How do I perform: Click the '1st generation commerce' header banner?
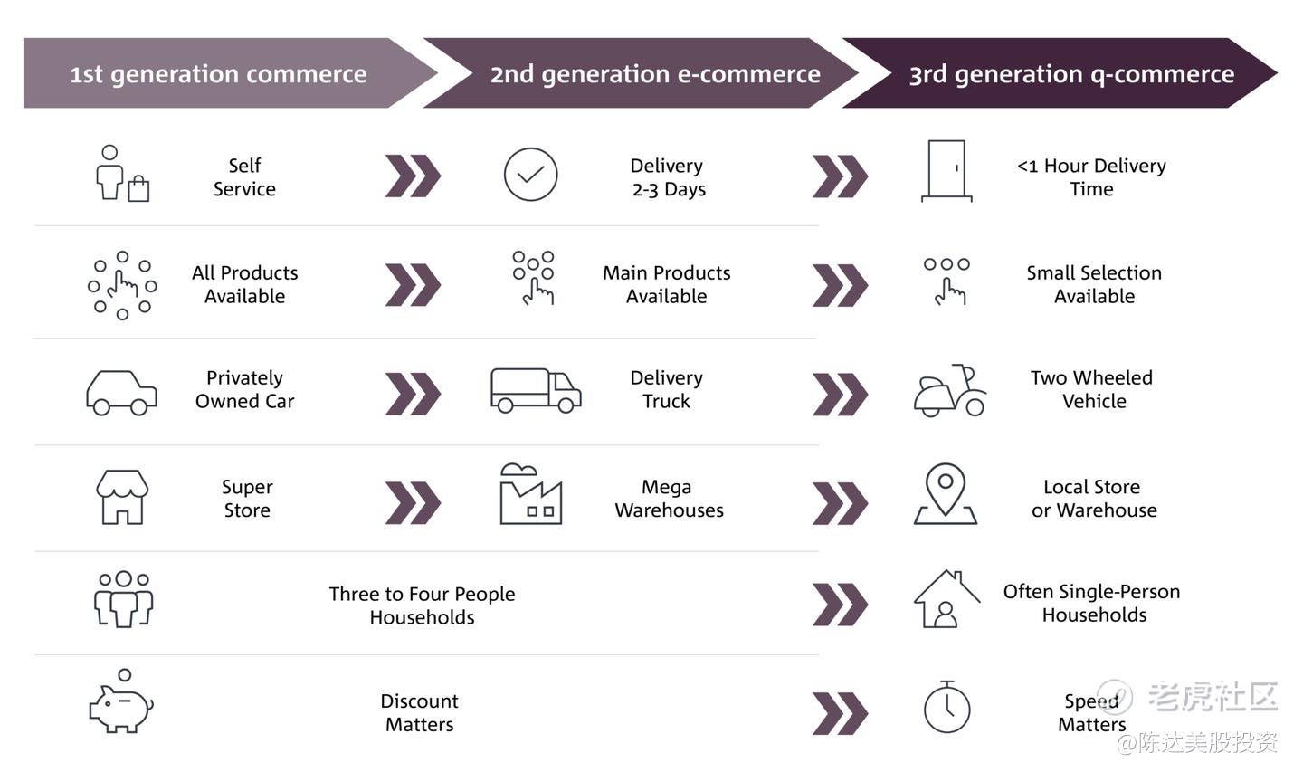pyautogui.click(x=230, y=73)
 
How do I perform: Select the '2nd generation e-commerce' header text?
pyautogui.click(x=655, y=74)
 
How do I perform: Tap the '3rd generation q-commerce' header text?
pyautogui.click(x=1071, y=74)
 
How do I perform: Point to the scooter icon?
pyautogui.click(x=949, y=390)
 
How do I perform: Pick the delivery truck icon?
pyautogui.click(x=536, y=390)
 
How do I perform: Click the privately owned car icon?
pyautogui.click(x=121, y=393)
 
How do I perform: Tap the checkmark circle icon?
pyautogui.click(x=530, y=175)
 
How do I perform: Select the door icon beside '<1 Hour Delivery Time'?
pyautogui.click(x=946, y=171)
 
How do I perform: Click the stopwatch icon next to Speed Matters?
pyautogui.click(x=947, y=707)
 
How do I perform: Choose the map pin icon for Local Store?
pyautogui.click(x=946, y=493)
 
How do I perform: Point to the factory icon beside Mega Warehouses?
pyautogui.click(x=530, y=494)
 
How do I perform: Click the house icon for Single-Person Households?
pyautogui.click(x=946, y=598)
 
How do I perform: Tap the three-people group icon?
pyautogui.click(x=123, y=599)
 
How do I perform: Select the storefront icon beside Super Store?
pyautogui.click(x=122, y=497)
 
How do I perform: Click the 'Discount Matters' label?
pyautogui.click(x=420, y=712)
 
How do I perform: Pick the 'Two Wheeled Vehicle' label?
pyautogui.click(x=1092, y=389)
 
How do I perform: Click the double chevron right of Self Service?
pyautogui.click(x=413, y=176)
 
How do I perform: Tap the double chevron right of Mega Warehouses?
pyautogui.click(x=840, y=503)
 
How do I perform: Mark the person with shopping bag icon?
pyautogui.click(x=122, y=174)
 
